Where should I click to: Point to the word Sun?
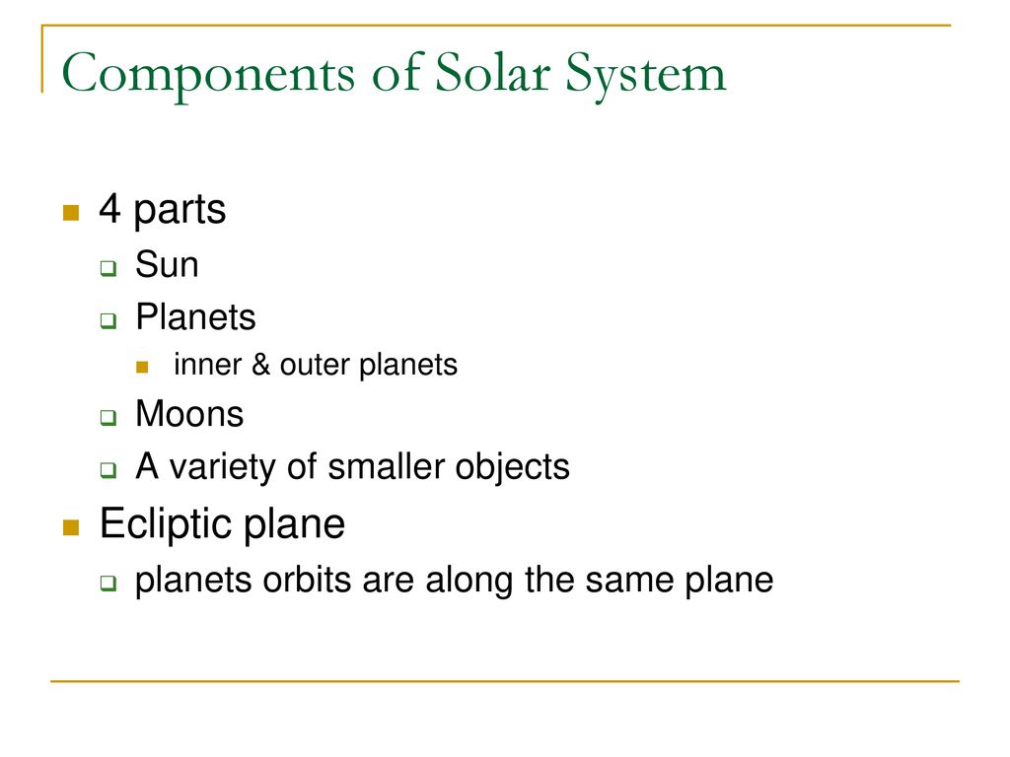click(167, 265)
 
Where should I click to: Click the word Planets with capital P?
click(195, 317)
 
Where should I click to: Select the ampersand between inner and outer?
click(262, 366)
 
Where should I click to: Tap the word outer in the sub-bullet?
click(311, 366)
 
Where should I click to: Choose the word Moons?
click(189, 414)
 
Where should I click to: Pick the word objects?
click(518, 466)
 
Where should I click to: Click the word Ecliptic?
click(162, 524)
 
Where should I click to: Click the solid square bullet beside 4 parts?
click(70, 212)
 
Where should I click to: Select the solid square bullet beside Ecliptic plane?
click(70, 527)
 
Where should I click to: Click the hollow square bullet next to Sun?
click(109, 267)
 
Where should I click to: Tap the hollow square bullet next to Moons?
click(109, 417)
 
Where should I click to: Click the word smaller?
click(384, 466)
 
